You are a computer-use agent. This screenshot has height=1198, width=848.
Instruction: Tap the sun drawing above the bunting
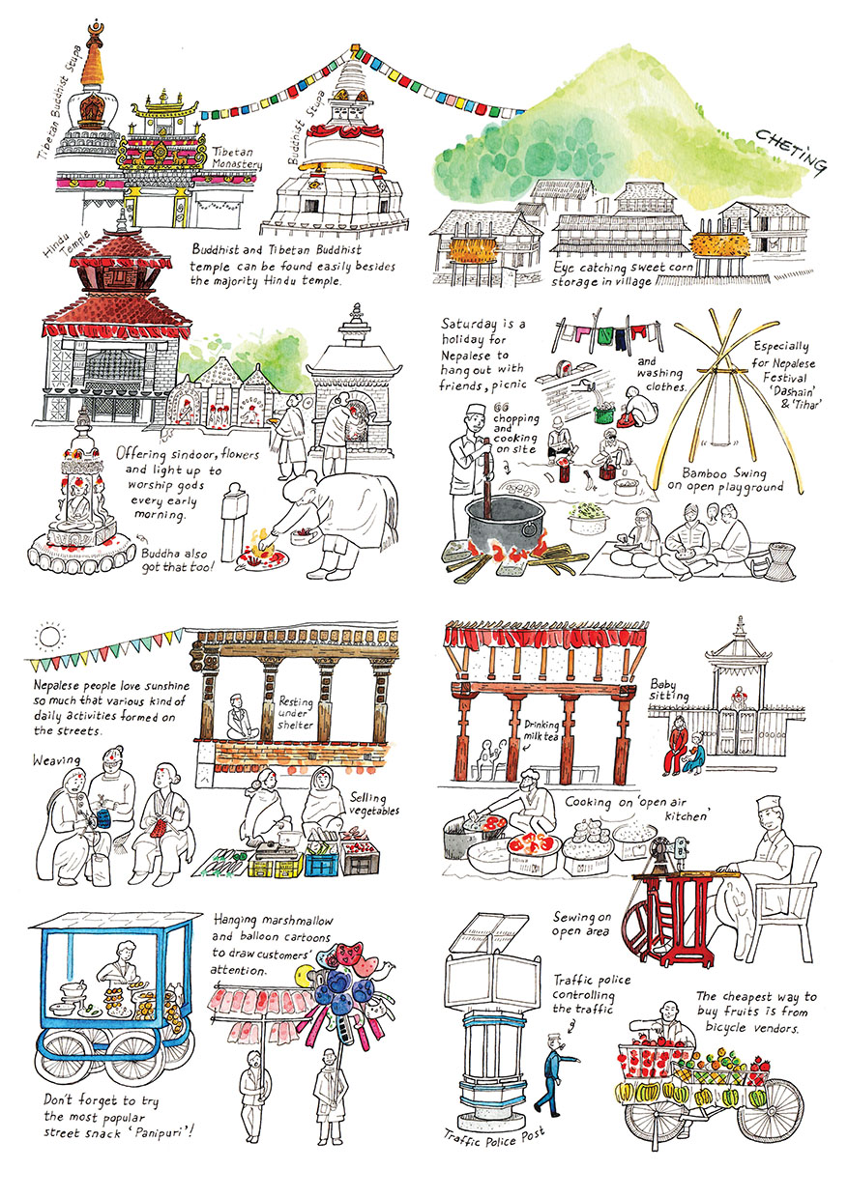click(48, 638)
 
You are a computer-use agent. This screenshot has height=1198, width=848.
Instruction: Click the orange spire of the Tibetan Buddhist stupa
click(93, 60)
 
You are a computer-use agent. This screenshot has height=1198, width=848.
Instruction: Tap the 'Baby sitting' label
click(670, 689)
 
